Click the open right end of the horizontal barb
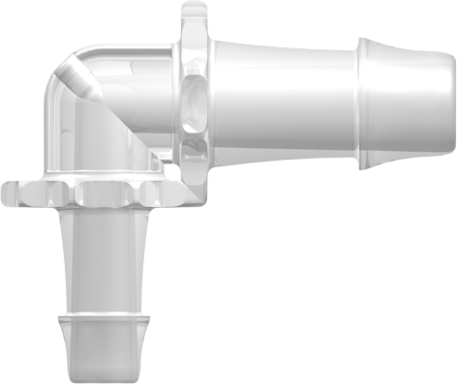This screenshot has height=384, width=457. coord(451,102)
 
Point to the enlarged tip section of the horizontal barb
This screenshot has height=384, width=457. coord(407,102)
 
